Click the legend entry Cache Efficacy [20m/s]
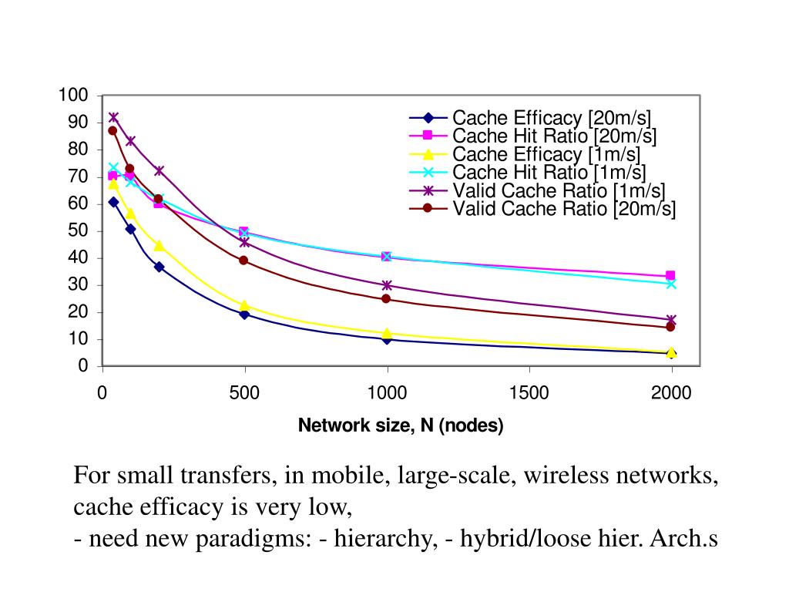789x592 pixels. click(x=552, y=119)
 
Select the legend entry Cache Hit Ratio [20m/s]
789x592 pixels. click(x=555, y=136)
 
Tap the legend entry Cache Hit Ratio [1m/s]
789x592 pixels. click(x=549, y=172)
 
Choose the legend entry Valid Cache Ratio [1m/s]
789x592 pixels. click(x=559, y=190)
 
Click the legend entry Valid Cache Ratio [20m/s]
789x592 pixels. click(x=564, y=208)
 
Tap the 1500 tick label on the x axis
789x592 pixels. click(x=529, y=394)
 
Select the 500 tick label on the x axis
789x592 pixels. click(x=244, y=394)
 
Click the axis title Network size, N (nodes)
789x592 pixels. click(x=401, y=425)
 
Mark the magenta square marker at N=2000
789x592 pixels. click(x=670, y=276)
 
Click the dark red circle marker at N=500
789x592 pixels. click(x=243, y=261)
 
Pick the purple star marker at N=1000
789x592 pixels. click(x=387, y=285)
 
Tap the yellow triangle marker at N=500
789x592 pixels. click(x=244, y=306)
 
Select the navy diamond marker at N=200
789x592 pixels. click(x=159, y=267)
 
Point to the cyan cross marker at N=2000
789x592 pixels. click(x=670, y=284)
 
